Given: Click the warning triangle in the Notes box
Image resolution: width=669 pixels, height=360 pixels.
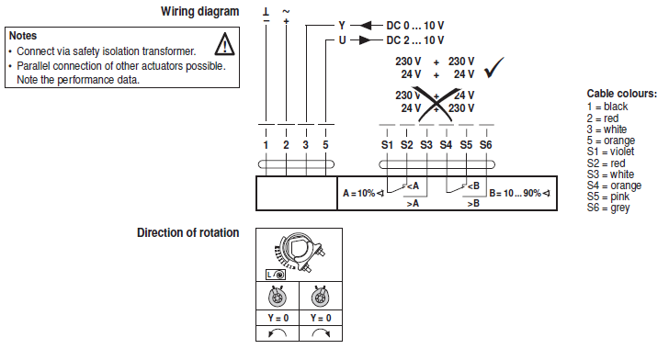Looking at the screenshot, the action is click(224, 44).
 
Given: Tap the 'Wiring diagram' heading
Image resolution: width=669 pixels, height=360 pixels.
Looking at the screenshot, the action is click(199, 11).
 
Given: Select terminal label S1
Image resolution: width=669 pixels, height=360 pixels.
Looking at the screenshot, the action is click(387, 145).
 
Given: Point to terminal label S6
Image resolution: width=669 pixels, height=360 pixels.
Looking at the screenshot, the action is click(485, 145).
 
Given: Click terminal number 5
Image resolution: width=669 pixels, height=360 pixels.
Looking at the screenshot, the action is click(325, 145).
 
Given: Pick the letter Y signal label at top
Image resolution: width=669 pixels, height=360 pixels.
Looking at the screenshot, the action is click(342, 26).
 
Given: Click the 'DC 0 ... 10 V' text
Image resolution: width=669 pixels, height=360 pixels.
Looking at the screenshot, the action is click(415, 26).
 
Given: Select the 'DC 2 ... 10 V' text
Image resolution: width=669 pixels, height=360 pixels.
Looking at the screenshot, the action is click(415, 40).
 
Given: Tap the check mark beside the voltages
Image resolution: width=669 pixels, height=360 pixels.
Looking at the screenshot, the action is click(494, 67).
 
